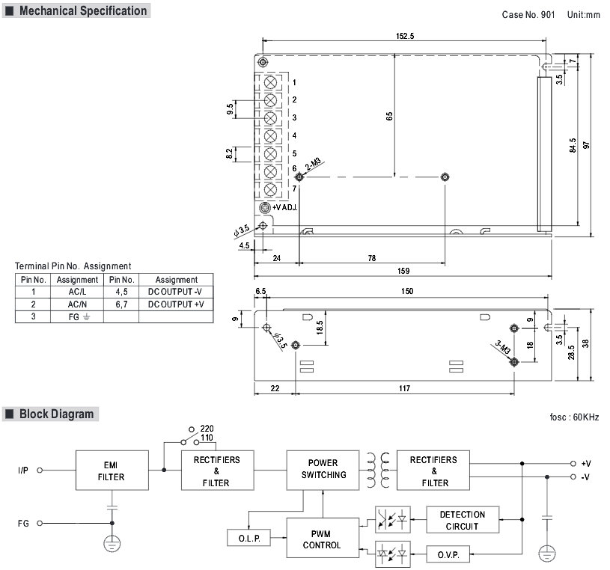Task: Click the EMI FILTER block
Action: [x=112, y=470]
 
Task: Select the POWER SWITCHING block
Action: [x=323, y=470]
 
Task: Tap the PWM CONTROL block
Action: [x=323, y=538]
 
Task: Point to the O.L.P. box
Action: [x=249, y=538]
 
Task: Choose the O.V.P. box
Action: [x=448, y=554]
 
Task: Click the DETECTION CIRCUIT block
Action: [x=463, y=519]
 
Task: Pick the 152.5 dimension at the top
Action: [x=405, y=36]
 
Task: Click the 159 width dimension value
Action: [x=403, y=271]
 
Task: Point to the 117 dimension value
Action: [x=404, y=388]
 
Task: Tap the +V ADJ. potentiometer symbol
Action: [x=265, y=207]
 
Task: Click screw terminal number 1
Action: [x=270, y=82]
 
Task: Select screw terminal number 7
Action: [x=270, y=189]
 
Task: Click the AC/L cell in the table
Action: [x=77, y=292]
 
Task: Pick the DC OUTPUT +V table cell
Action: [x=176, y=304]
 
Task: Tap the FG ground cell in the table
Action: [x=77, y=316]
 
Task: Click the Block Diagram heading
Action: [x=56, y=414]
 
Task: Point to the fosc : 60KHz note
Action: [x=574, y=417]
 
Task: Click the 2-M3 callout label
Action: [x=313, y=164]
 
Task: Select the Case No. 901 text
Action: [x=528, y=15]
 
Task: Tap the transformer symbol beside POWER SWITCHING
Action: [x=378, y=470]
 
